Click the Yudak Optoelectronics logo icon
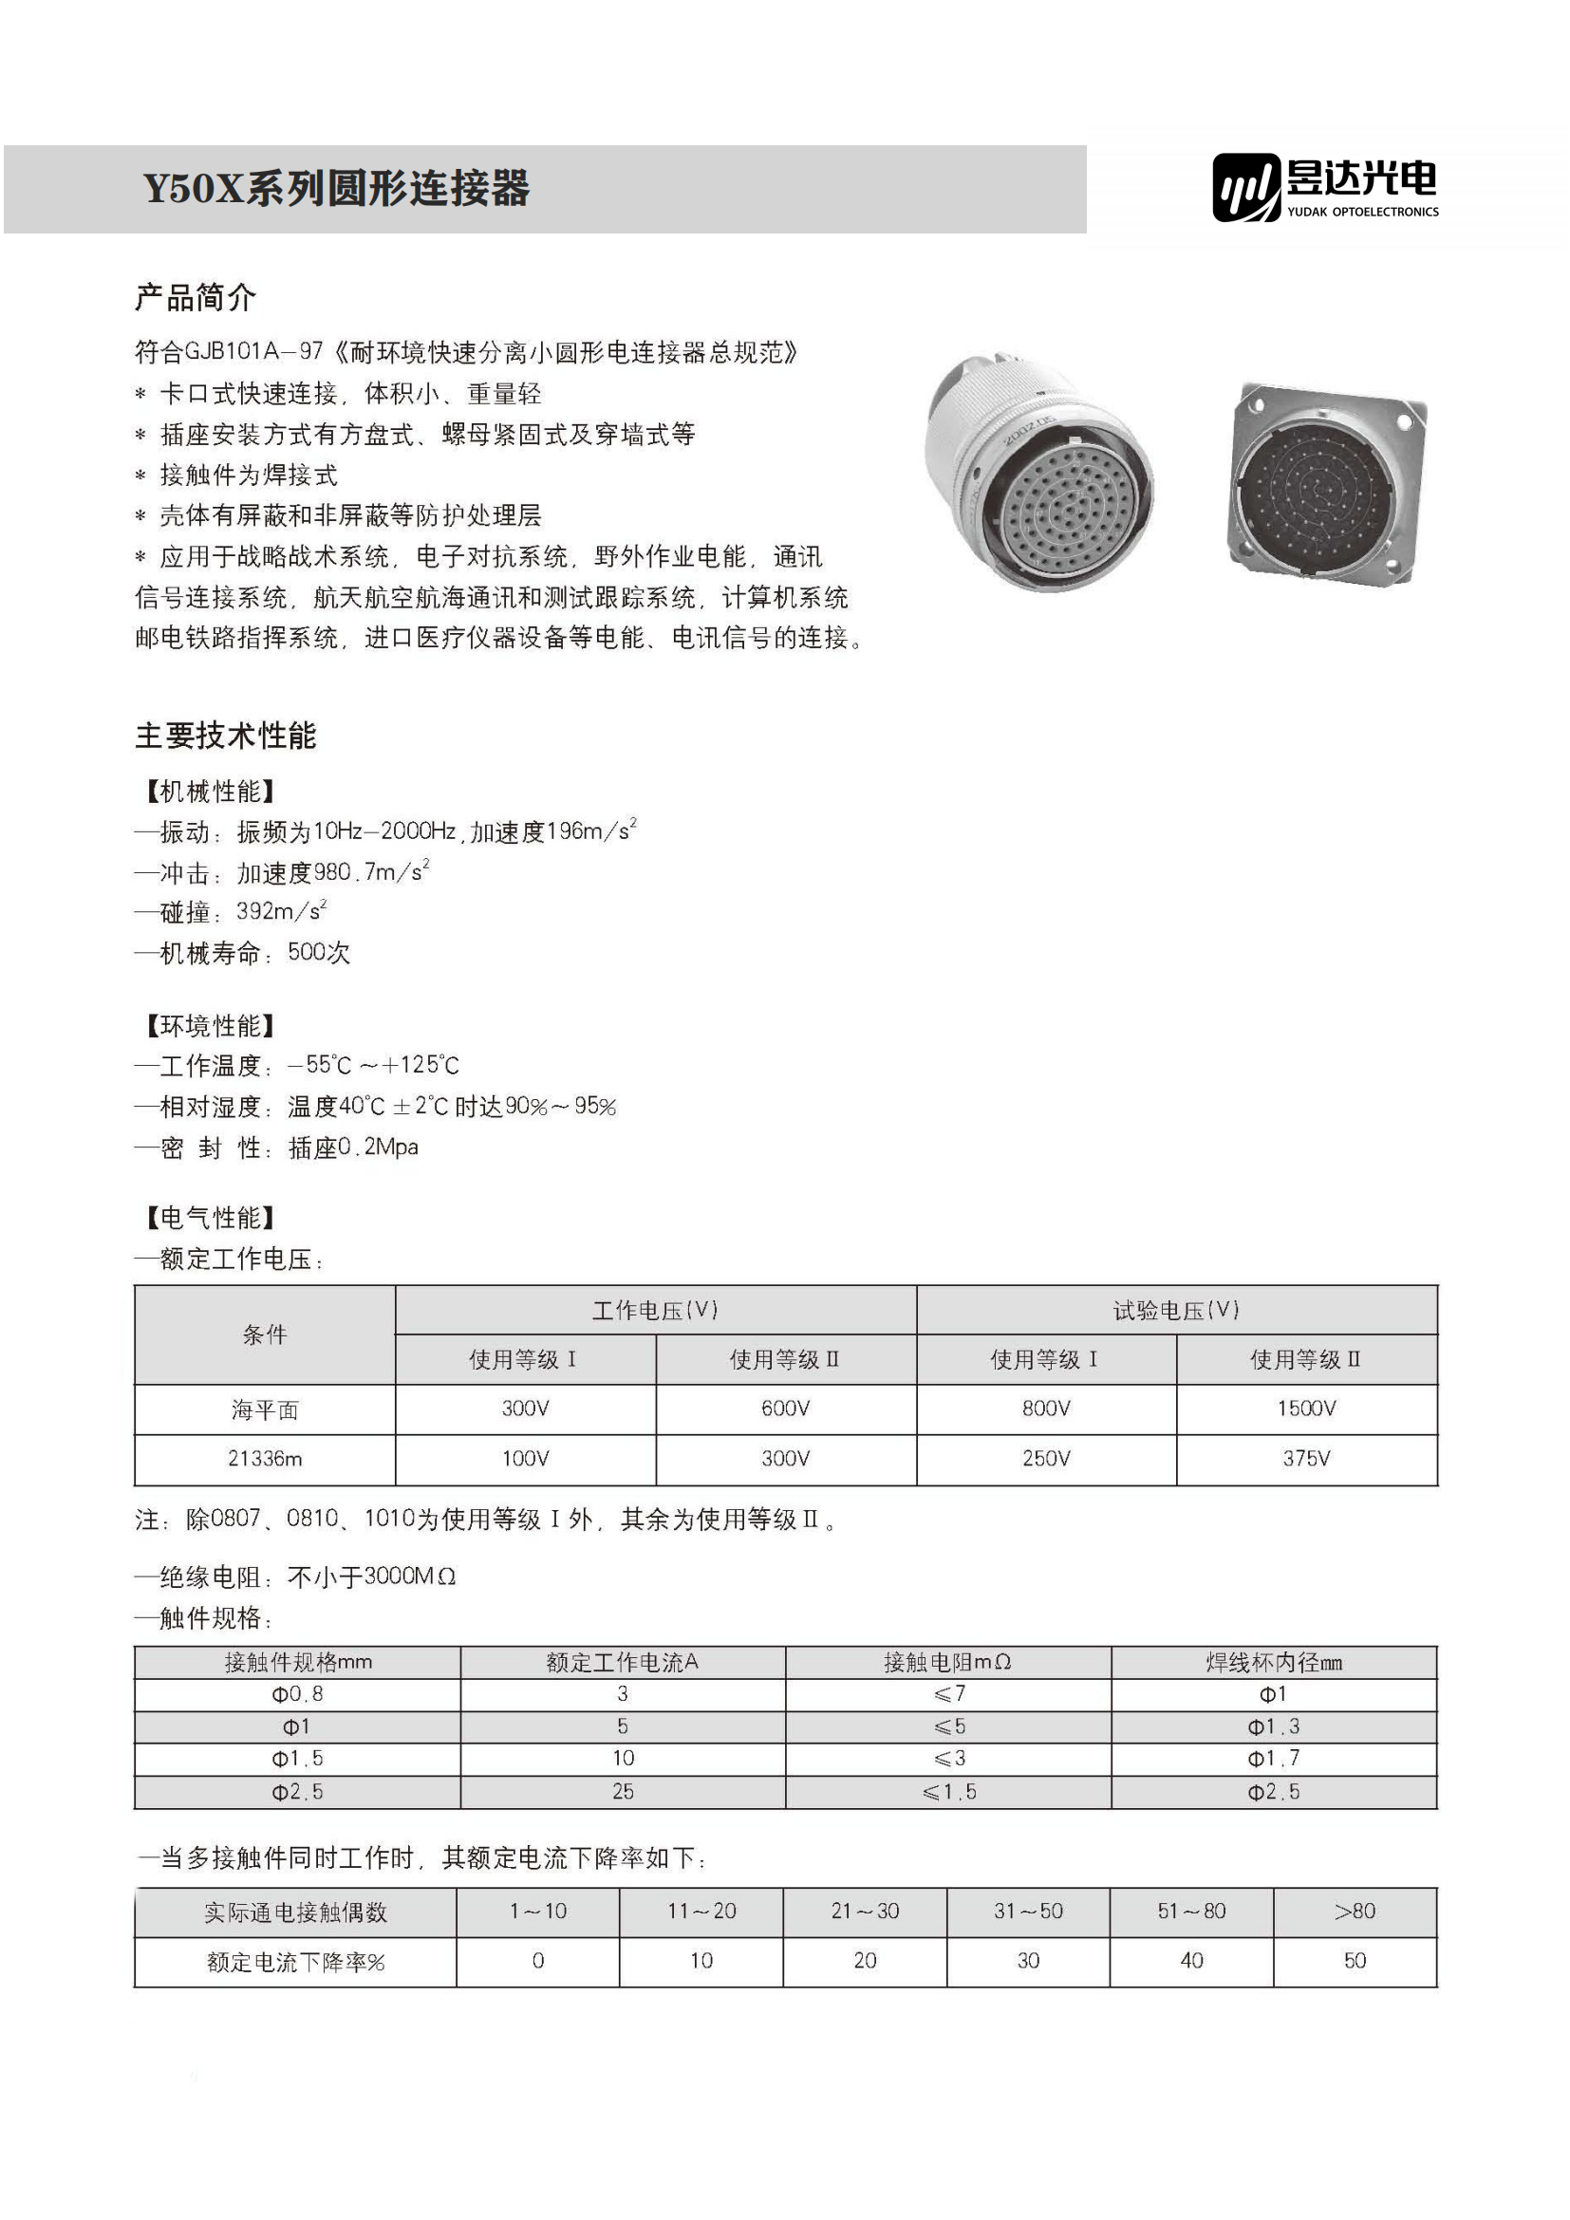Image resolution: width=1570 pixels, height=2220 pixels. (x=1246, y=187)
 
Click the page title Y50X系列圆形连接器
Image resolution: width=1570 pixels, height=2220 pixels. (x=336, y=189)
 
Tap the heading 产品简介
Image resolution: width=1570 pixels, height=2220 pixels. (x=196, y=298)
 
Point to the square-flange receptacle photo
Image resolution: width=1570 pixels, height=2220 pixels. (x=1326, y=481)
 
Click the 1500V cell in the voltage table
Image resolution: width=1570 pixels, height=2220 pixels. (x=1306, y=1408)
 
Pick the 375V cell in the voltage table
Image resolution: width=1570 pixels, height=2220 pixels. (x=1306, y=1459)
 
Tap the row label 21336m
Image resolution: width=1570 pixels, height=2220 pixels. (x=265, y=1459)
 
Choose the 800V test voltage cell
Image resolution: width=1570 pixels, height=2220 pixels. (x=1046, y=1408)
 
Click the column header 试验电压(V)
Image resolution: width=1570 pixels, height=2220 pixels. (x=1175, y=1310)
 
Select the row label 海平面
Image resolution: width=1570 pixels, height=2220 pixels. (x=265, y=1409)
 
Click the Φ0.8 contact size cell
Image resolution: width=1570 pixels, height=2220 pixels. (x=297, y=1694)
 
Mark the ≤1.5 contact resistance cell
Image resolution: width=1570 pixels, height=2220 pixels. (x=948, y=1792)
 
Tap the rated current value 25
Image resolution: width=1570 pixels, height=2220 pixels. (x=623, y=1792)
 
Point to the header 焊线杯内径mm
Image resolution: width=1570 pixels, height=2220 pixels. (x=1273, y=1662)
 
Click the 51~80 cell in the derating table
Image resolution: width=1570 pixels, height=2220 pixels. (x=1191, y=1912)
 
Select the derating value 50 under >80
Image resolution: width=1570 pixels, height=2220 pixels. (x=1355, y=1961)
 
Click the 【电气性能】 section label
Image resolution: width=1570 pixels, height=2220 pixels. (x=211, y=1218)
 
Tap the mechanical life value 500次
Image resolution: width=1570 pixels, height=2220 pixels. (x=319, y=952)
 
